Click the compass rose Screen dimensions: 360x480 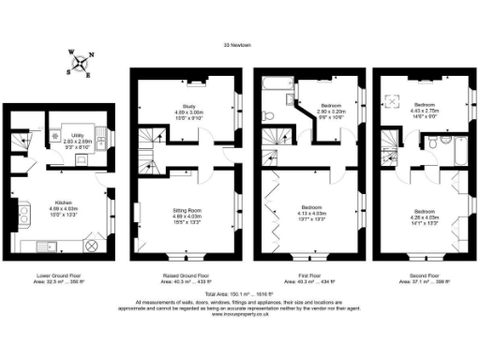81,63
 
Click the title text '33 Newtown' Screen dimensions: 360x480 240,44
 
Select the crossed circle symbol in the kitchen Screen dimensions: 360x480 92,246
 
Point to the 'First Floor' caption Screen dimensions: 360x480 300,277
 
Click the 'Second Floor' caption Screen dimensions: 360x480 421,277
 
